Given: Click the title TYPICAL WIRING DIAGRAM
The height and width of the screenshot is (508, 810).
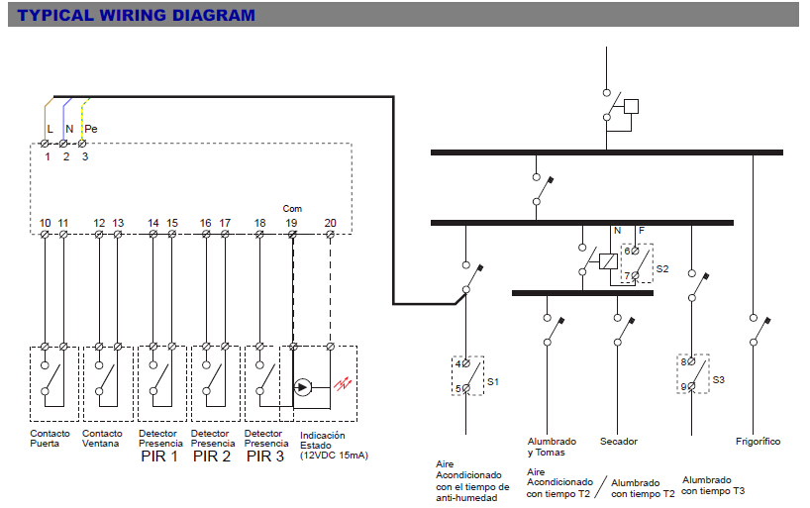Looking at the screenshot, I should coord(137,15).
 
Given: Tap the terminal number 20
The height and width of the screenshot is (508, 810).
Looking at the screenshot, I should coord(330,223).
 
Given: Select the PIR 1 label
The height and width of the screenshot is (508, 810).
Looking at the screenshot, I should coord(158,457).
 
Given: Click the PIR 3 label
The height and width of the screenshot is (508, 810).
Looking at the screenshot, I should coord(265,457).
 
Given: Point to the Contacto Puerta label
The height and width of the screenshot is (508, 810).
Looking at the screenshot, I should coord(50,439).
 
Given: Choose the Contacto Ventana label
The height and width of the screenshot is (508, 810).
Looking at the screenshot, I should coord(103,439).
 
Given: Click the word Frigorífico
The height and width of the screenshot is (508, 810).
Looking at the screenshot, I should coord(758,441).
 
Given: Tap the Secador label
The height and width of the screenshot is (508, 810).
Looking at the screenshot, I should coord(619,441).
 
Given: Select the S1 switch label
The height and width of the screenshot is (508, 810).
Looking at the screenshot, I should coord(492,381).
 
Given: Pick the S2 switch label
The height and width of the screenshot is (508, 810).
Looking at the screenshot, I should coord(661,268).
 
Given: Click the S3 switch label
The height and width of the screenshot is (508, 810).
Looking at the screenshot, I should coord(718,379).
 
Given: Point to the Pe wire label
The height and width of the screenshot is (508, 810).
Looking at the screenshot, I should coord(90,129).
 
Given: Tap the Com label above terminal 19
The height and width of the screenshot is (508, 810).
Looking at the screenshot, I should coord(292,209).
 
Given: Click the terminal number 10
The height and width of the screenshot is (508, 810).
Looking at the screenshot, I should coord(46,223).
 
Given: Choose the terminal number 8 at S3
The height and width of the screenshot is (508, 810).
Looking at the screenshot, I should coord(683,361).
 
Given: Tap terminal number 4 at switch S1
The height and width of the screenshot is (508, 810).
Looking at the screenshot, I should coord(457,363).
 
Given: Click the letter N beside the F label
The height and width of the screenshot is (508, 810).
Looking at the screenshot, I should coord(617,231).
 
